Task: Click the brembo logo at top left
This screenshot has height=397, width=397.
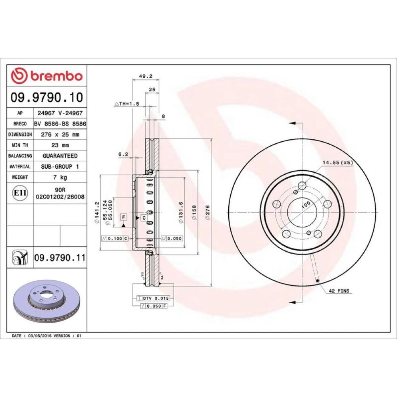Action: click(47, 76)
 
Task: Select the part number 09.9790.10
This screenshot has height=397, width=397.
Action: click(47, 98)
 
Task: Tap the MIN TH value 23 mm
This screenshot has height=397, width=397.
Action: click(60, 145)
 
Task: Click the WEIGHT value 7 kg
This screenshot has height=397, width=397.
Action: click(60, 177)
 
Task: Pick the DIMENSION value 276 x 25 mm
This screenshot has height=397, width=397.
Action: click(60, 135)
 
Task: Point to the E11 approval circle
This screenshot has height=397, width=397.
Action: click(20, 193)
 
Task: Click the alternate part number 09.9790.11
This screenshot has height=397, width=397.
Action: click(60, 258)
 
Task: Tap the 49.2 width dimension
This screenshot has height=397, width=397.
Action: click(146, 76)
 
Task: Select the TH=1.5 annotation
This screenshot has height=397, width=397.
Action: click(127, 104)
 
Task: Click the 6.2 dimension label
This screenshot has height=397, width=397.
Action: click(123, 154)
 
